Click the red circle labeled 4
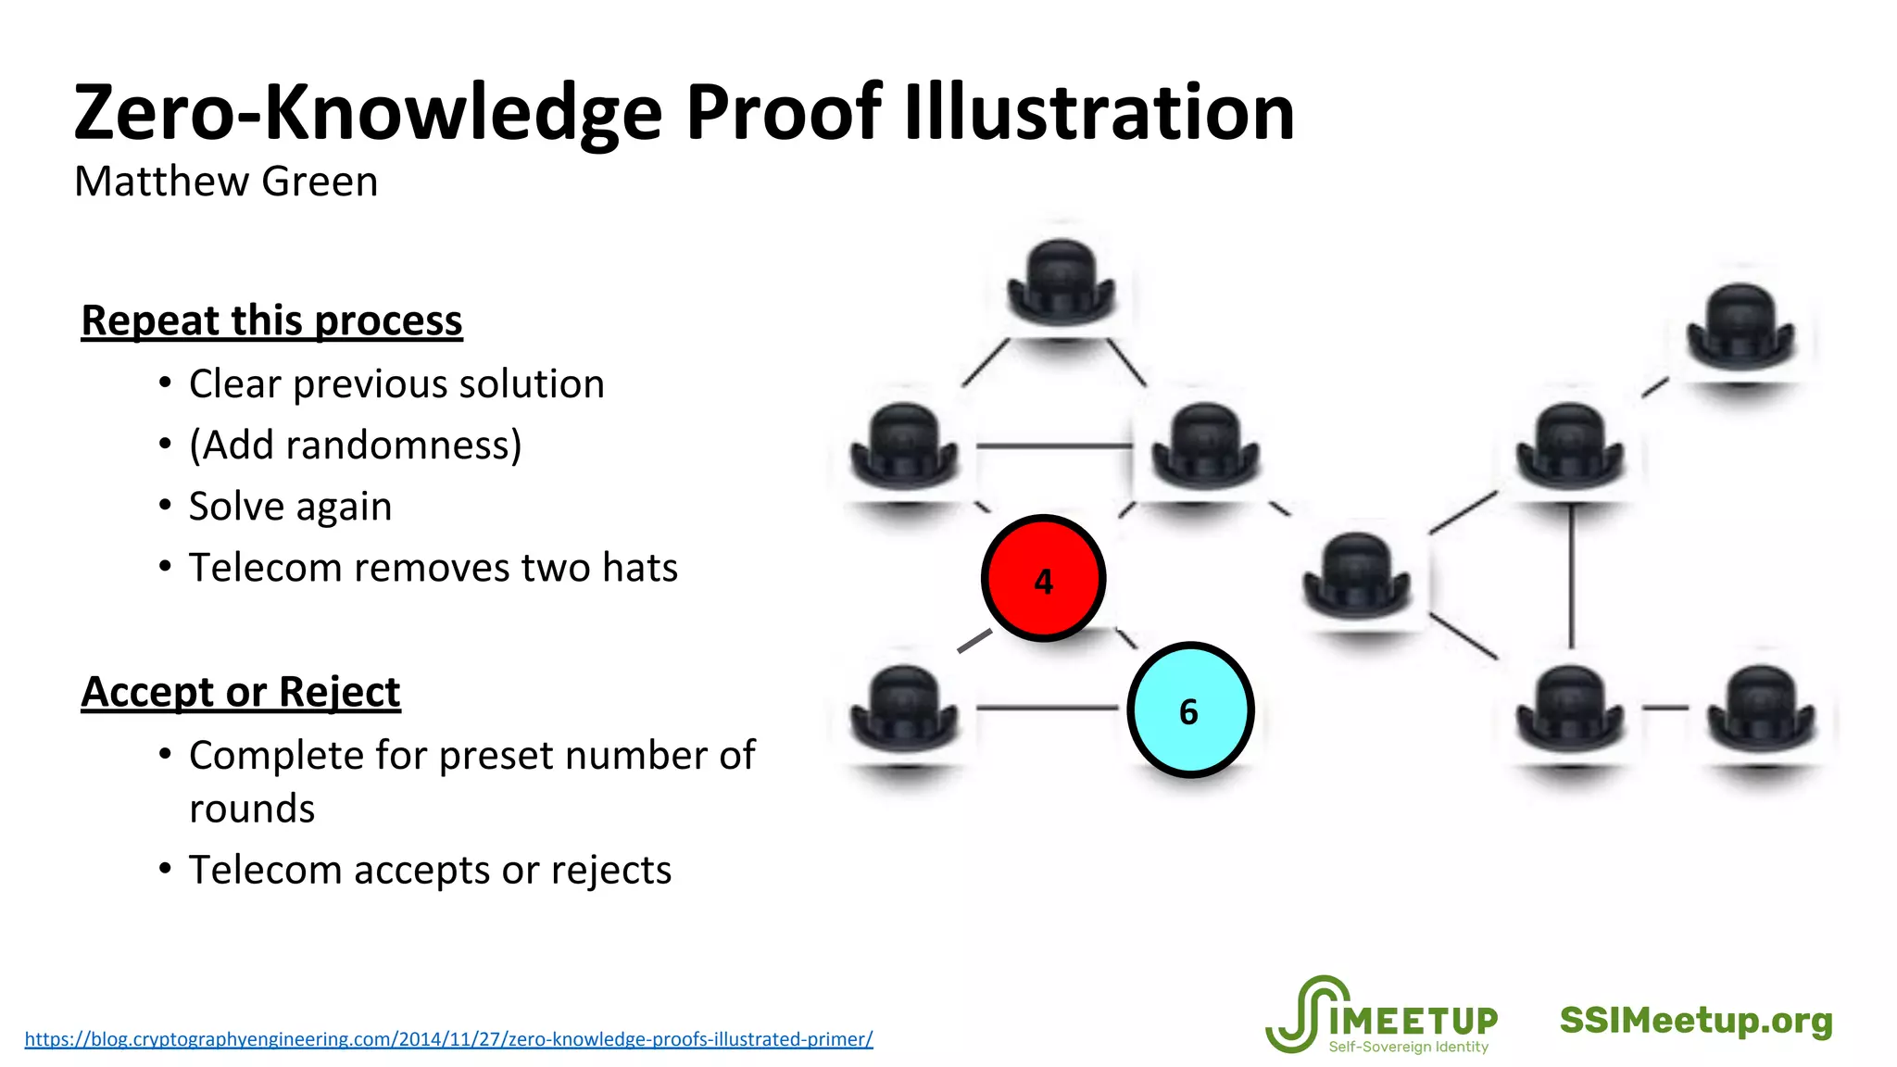1043,578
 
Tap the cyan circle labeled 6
1190,709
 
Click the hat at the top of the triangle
1061,282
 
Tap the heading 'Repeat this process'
271,320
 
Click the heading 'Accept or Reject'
241,692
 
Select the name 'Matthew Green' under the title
226,182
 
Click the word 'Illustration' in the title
1099,112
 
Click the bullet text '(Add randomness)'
356,445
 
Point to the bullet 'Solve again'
290,506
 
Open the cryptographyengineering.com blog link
448,1039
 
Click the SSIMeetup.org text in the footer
1696,1020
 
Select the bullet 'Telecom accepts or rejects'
430,870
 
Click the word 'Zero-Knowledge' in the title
368,112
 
